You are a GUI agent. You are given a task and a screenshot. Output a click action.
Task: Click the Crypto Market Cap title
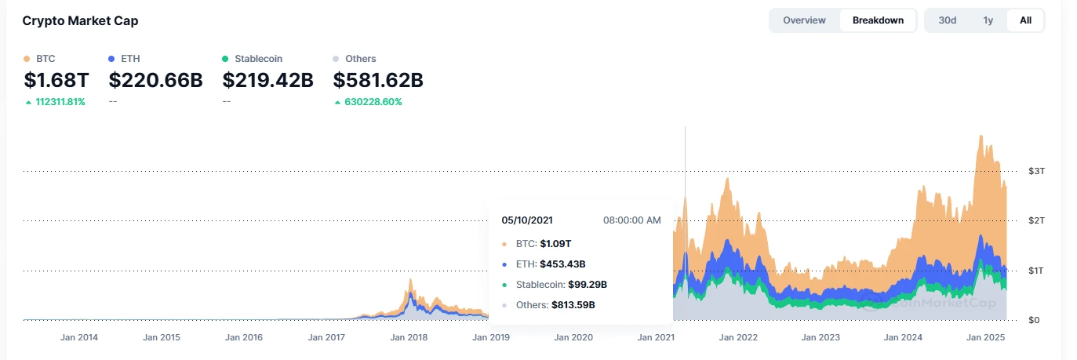(80, 21)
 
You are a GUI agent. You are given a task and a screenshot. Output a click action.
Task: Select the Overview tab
(804, 20)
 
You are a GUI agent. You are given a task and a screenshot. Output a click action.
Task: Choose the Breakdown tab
(878, 20)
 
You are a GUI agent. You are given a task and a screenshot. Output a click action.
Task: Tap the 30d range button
(948, 20)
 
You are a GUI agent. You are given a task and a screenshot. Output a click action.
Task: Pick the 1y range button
(988, 20)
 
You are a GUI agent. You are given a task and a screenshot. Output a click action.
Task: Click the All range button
(1025, 20)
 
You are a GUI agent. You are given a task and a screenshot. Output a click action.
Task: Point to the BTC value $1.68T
(56, 80)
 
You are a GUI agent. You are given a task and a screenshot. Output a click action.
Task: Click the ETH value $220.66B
(155, 80)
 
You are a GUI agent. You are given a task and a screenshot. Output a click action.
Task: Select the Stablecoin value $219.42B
(268, 80)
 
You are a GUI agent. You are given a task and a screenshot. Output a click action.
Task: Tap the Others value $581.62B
(378, 80)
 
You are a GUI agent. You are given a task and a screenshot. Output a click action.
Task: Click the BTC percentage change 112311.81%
(60, 102)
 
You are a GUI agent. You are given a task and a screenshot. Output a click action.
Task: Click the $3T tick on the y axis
(1035, 171)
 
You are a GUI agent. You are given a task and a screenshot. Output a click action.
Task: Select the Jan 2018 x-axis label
(409, 338)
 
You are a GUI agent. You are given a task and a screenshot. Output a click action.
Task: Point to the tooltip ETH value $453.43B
(562, 264)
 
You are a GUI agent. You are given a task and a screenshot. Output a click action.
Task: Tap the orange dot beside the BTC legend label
(27, 59)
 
